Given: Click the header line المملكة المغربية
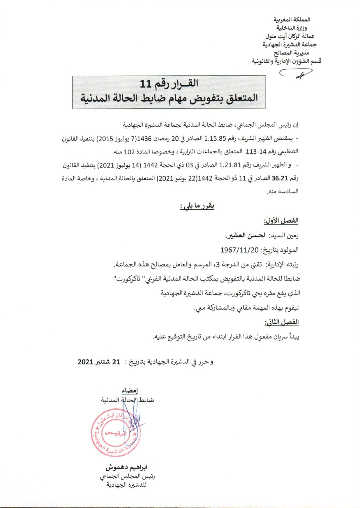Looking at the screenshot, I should [x=292, y=20].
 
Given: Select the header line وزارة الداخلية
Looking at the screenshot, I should [x=292, y=28].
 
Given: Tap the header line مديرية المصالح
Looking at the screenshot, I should [x=292, y=53].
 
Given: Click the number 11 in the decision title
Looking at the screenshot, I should [x=146, y=84].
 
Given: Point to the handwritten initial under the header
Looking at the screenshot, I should [x=296, y=74].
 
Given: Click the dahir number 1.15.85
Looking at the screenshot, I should [x=215, y=139].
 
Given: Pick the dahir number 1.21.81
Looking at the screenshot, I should [x=230, y=165].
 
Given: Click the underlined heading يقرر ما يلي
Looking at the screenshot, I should [x=197, y=206].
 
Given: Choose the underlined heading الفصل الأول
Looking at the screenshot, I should [x=281, y=221].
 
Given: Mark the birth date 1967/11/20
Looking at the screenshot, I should [x=239, y=250].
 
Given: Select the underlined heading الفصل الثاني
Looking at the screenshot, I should [x=282, y=322].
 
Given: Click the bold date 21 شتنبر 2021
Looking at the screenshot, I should [x=99, y=362].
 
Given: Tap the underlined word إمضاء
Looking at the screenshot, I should [x=130, y=391].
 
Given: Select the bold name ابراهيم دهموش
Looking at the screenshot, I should [x=126, y=467].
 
